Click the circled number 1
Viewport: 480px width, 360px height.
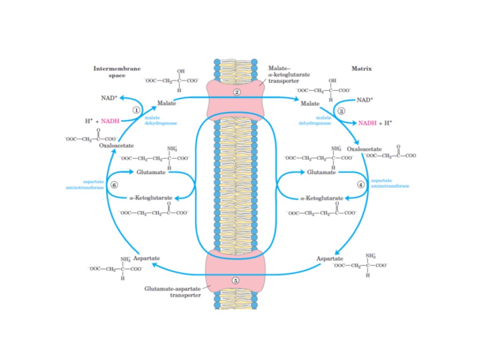pos(136,110)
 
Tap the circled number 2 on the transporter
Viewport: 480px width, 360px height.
pos(237,92)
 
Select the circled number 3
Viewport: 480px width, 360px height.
pos(341,111)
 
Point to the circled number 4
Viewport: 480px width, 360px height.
pos(360,184)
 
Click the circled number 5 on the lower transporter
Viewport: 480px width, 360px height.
pos(236,280)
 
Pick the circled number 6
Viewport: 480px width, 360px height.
pos(114,184)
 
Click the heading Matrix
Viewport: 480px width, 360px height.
pos(361,68)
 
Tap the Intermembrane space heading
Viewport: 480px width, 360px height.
pos(117,72)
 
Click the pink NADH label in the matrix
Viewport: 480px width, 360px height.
pos(367,123)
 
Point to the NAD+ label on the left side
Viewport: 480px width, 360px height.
pos(109,98)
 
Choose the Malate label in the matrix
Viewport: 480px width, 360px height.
pos(310,103)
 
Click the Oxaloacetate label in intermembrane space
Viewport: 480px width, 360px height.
pos(117,146)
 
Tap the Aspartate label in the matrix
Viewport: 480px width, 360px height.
pos(330,259)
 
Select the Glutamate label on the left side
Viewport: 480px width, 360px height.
pos(151,172)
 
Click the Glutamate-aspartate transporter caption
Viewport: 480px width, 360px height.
pos(173,292)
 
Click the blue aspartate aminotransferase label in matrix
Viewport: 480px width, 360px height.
pos(390,183)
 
